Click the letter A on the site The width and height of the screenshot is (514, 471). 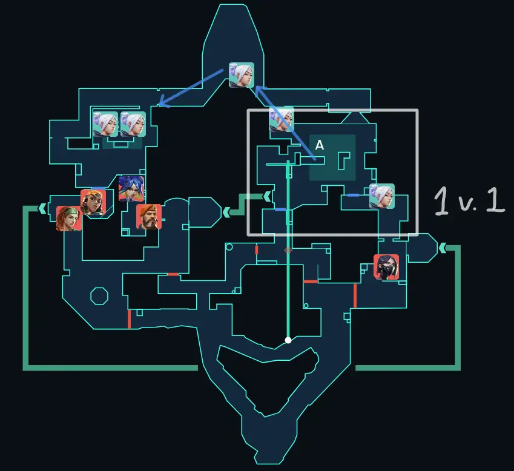[320, 145]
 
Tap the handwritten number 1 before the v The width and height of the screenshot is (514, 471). [442, 201]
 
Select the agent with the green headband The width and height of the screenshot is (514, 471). [68, 219]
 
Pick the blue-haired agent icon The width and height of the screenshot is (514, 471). [131, 188]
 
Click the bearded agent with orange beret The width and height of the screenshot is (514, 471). [149, 217]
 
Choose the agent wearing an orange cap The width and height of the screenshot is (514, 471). [93, 202]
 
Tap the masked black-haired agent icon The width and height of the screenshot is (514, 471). [386, 266]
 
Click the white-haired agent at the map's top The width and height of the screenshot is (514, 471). [242, 75]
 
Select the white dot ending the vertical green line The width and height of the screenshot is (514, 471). [288, 340]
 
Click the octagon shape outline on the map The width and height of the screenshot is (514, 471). [99, 296]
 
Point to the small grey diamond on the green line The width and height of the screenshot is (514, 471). [288, 249]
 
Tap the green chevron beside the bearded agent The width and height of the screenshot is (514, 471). [226, 212]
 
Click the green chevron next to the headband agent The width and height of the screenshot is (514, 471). [42, 209]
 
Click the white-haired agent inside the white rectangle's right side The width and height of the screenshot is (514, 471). [382, 196]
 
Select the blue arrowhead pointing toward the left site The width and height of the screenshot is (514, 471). [162, 103]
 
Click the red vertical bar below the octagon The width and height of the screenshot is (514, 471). [129, 318]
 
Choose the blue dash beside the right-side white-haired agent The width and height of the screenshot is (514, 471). [353, 195]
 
